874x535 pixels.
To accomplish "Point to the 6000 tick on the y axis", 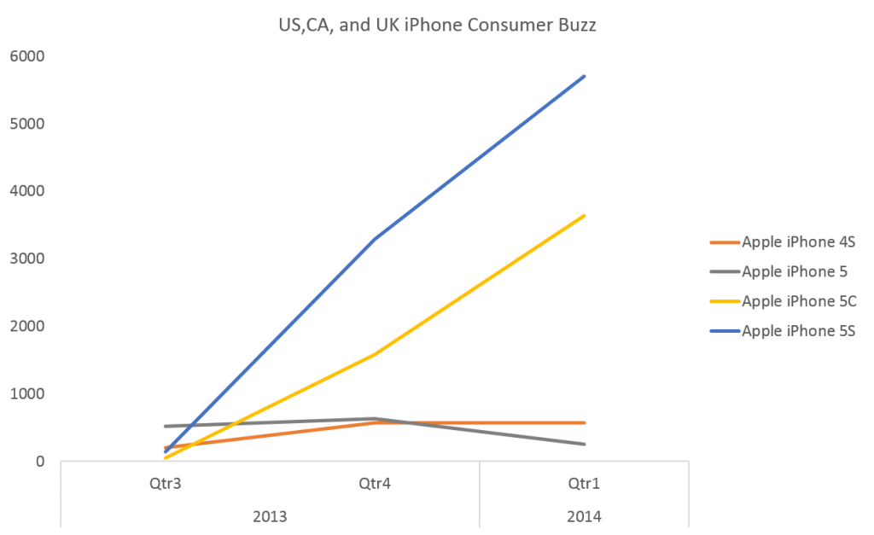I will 27,56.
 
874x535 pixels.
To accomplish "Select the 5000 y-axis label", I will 27,124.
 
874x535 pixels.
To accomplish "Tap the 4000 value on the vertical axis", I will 27,191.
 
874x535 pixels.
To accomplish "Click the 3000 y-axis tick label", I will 27,259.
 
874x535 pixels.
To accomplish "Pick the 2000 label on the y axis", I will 27,326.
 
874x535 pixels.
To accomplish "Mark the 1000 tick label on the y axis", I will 27,393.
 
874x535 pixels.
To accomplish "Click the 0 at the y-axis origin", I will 39,462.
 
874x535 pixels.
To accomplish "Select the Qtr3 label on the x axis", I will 165,482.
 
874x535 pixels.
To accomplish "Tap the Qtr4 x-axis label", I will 375,482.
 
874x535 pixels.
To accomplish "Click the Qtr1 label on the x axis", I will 585,482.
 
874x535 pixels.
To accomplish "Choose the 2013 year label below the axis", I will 270,516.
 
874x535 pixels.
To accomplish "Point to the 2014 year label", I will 585,516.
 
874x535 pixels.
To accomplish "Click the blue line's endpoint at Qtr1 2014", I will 585,76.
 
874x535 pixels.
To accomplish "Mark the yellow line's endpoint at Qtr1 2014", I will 585,215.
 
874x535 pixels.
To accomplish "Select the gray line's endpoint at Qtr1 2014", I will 585,444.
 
